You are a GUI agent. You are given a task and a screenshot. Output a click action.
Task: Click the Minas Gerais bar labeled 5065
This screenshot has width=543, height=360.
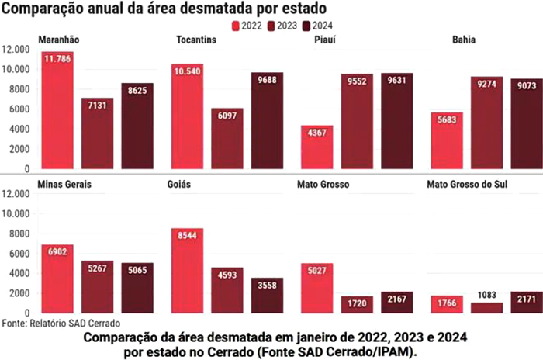[x=137, y=288]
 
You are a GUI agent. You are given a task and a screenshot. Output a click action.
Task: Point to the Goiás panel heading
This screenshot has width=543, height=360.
[x=178, y=185]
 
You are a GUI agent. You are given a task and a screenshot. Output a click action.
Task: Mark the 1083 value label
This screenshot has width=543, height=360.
[x=486, y=296]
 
